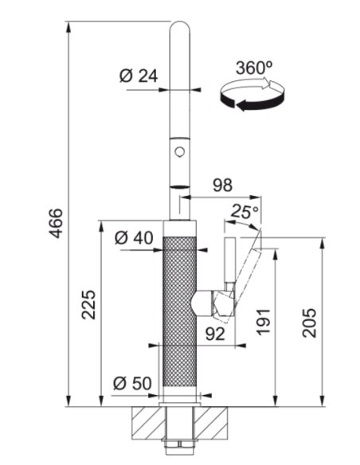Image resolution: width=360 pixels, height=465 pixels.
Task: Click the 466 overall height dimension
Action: coord(56,223)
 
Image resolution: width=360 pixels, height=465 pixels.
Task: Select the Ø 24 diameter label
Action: coord(139,76)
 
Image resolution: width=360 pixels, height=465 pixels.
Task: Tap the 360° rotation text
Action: coord(254,68)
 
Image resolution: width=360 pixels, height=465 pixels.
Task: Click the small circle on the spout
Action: coord(179,152)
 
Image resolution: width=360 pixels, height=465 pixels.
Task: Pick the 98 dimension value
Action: coord(223,185)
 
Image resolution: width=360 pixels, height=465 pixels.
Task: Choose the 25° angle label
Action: coord(245,211)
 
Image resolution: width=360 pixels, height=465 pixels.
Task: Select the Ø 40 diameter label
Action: coord(134,238)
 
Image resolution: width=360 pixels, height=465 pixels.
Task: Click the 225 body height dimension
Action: coord(88,305)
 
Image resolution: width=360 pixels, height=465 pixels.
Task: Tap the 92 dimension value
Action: coord(216,334)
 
